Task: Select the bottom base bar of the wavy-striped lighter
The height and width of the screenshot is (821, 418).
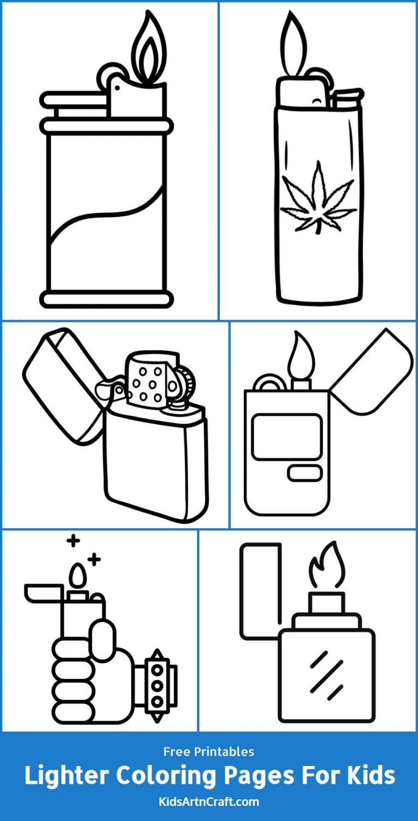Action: coord(107,299)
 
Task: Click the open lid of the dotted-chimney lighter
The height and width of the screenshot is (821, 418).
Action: coord(63,381)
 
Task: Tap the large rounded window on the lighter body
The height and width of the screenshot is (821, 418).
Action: coord(287,436)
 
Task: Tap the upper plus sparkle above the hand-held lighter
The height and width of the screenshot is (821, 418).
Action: coord(73,541)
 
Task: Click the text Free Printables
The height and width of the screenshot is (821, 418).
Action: coord(209,752)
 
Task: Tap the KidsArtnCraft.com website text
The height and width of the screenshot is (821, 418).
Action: coord(209,801)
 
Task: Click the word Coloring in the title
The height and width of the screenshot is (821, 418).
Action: coord(173,775)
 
